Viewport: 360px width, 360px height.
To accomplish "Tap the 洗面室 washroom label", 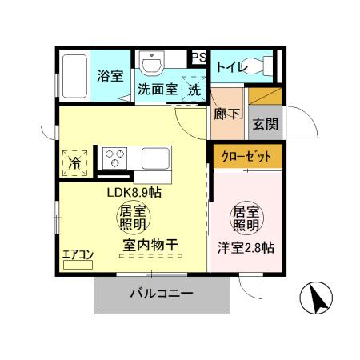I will click(x=157, y=90).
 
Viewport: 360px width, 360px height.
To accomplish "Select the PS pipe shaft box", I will click(x=198, y=58).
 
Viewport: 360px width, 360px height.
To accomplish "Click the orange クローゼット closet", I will click(x=246, y=155).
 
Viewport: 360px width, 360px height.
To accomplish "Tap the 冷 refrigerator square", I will click(x=74, y=161).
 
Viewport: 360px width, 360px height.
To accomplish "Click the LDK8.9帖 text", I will click(x=135, y=192).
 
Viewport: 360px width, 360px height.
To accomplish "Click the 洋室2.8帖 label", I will click(x=246, y=248).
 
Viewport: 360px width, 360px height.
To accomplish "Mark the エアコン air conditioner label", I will click(x=78, y=255).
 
